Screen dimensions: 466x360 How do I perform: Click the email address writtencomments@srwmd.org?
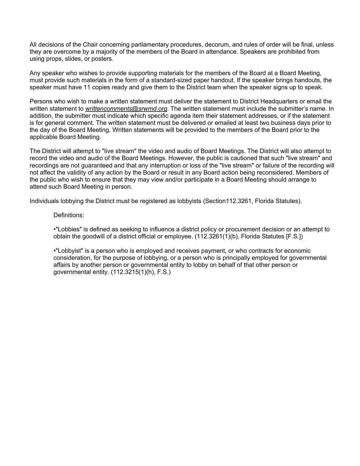126,109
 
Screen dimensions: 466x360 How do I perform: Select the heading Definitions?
69,215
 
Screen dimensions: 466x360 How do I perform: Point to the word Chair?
90,45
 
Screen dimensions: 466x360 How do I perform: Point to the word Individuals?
44,201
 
